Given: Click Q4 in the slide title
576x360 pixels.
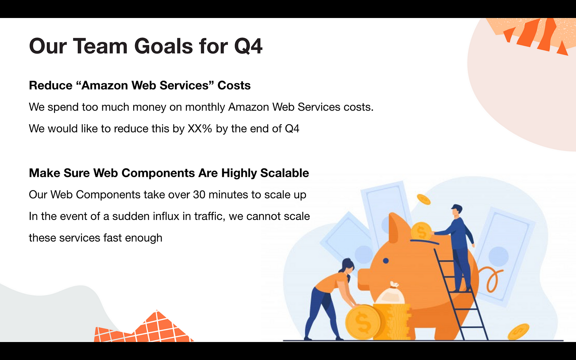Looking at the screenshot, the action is pyautogui.click(x=248, y=46).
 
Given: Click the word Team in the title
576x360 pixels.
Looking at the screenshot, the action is pyautogui.click(x=100, y=46).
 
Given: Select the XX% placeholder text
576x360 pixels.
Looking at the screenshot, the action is pyautogui.click(x=200, y=129).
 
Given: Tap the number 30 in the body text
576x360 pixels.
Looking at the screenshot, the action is pyautogui.click(x=199, y=195).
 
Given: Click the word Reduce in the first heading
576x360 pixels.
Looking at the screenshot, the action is pyautogui.click(x=51, y=85).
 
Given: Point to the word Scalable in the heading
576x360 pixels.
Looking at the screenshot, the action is pyautogui.click(x=284, y=173).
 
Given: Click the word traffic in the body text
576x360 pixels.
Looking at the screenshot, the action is pyautogui.click(x=210, y=216).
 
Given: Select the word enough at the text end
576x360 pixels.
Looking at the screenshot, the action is pyautogui.click(x=144, y=238).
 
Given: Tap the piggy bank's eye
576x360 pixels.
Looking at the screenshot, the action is pyautogui.click(x=386, y=261).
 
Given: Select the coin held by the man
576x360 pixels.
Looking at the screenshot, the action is pyautogui.click(x=421, y=231).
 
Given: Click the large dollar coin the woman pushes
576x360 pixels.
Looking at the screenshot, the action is pyautogui.click(x=363, y=322).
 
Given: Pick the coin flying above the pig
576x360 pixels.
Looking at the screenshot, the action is pyautogui.click(x=423, y=199).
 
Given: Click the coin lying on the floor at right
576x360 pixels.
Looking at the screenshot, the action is pyautogui.click(x=518, y=332).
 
